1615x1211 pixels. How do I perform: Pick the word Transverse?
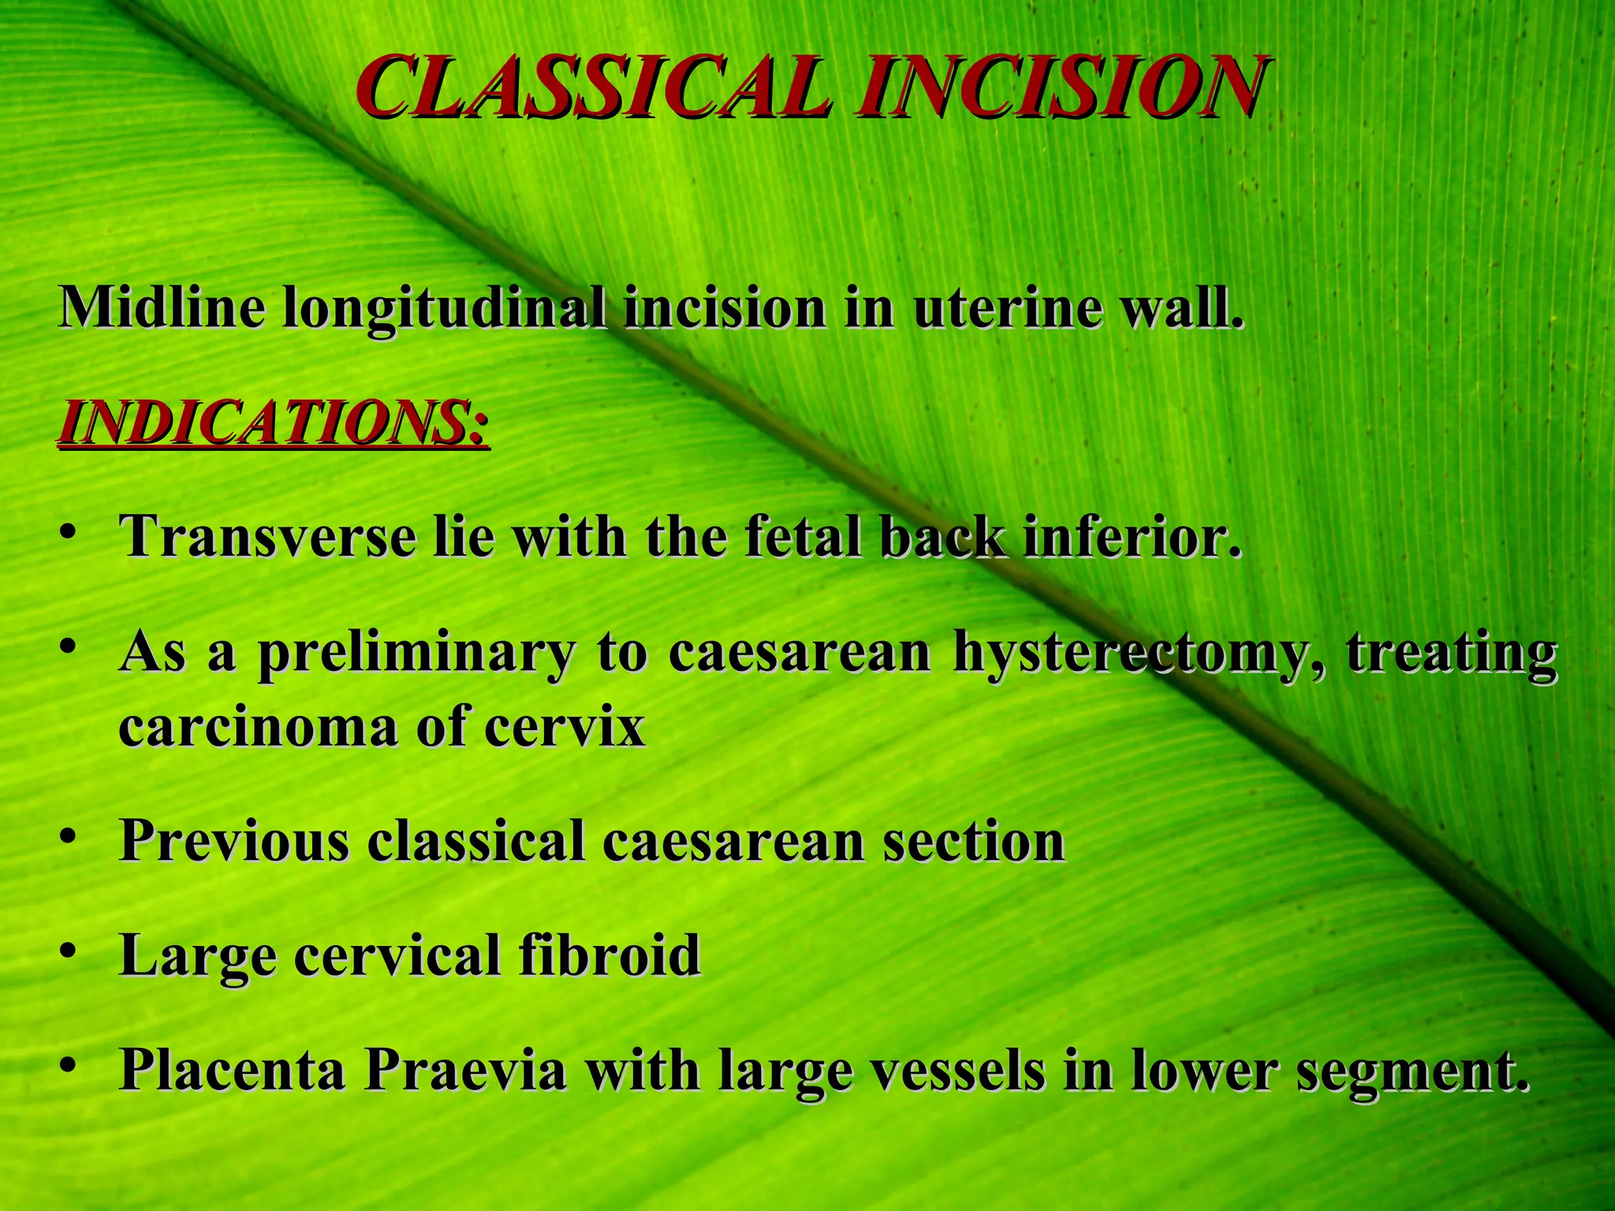click(x=267, y=537)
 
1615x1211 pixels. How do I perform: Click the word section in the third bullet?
click(x=974, y=841)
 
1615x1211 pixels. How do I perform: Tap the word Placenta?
click(x=232, y=1070)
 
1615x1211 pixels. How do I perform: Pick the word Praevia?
click(x=465, y=1070)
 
